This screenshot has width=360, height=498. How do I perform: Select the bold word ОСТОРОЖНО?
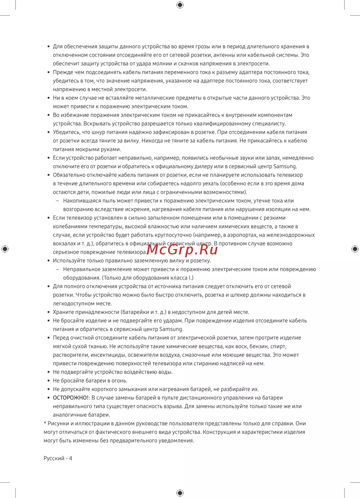tap(71, 398)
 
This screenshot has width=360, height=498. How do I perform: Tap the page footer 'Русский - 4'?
tap(58, 458)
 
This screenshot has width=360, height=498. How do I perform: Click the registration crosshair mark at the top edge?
tap(180, 5)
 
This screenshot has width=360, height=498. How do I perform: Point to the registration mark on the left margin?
tap(5, 249)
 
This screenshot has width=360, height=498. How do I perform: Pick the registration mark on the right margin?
tap(355, 249)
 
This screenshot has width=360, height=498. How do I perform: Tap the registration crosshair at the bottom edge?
tap(180, 493)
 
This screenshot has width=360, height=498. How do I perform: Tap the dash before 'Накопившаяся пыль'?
tap(57, 201)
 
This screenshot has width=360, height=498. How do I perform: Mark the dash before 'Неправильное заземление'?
tap(57, 269)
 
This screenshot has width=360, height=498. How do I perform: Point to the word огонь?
tap(120, 381)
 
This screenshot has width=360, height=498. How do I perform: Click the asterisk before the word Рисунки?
tap(45, 423)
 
